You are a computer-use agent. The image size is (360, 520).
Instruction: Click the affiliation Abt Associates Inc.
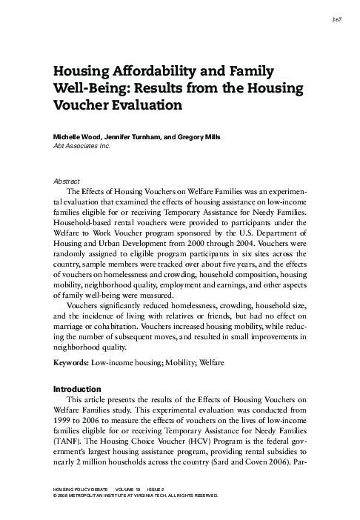coord(84,147)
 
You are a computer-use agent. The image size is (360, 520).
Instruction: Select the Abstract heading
coord(68,180)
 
